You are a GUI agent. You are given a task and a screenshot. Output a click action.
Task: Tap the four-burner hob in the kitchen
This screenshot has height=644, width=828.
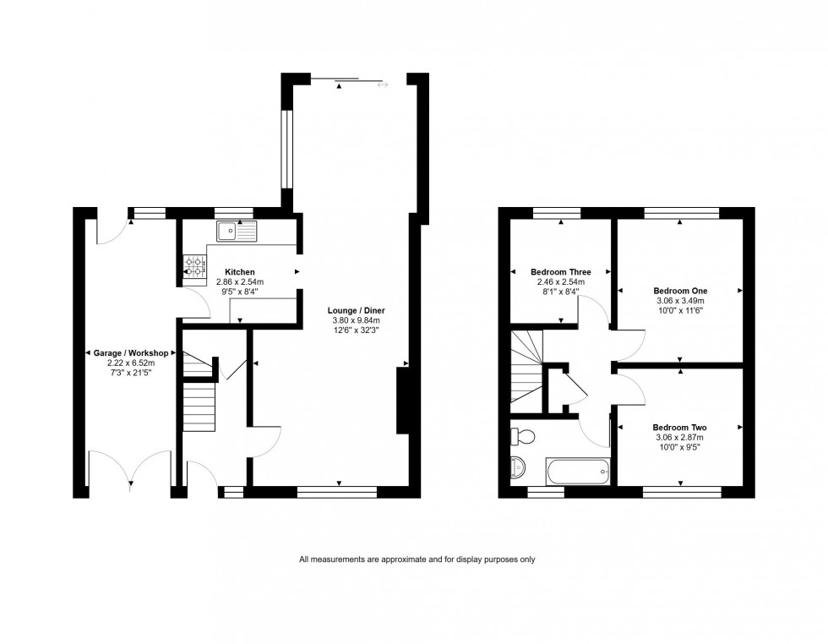[x=193, y=267]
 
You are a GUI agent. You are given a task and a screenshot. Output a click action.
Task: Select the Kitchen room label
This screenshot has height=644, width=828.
[x=239, y=272]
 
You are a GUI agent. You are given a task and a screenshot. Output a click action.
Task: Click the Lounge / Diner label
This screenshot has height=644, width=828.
[x=355, y=310]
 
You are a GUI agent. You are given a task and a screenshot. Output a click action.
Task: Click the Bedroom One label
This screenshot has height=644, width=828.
[x=680, y=291]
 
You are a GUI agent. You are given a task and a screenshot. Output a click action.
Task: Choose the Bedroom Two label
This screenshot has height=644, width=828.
[x=680, y=428]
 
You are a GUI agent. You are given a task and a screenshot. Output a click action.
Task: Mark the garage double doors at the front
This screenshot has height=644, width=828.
[x=131, y=469]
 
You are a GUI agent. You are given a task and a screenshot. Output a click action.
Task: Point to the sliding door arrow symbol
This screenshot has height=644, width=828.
[x=383, y=84]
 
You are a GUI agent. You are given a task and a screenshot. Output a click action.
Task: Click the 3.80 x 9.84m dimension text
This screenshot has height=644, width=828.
[x=355, y=320]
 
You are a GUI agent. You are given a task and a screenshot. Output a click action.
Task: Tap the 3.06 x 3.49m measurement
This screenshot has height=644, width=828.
[x=680, y=301]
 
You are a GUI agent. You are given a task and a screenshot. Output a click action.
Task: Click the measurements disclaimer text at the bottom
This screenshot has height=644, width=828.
[x=417, y=559]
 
